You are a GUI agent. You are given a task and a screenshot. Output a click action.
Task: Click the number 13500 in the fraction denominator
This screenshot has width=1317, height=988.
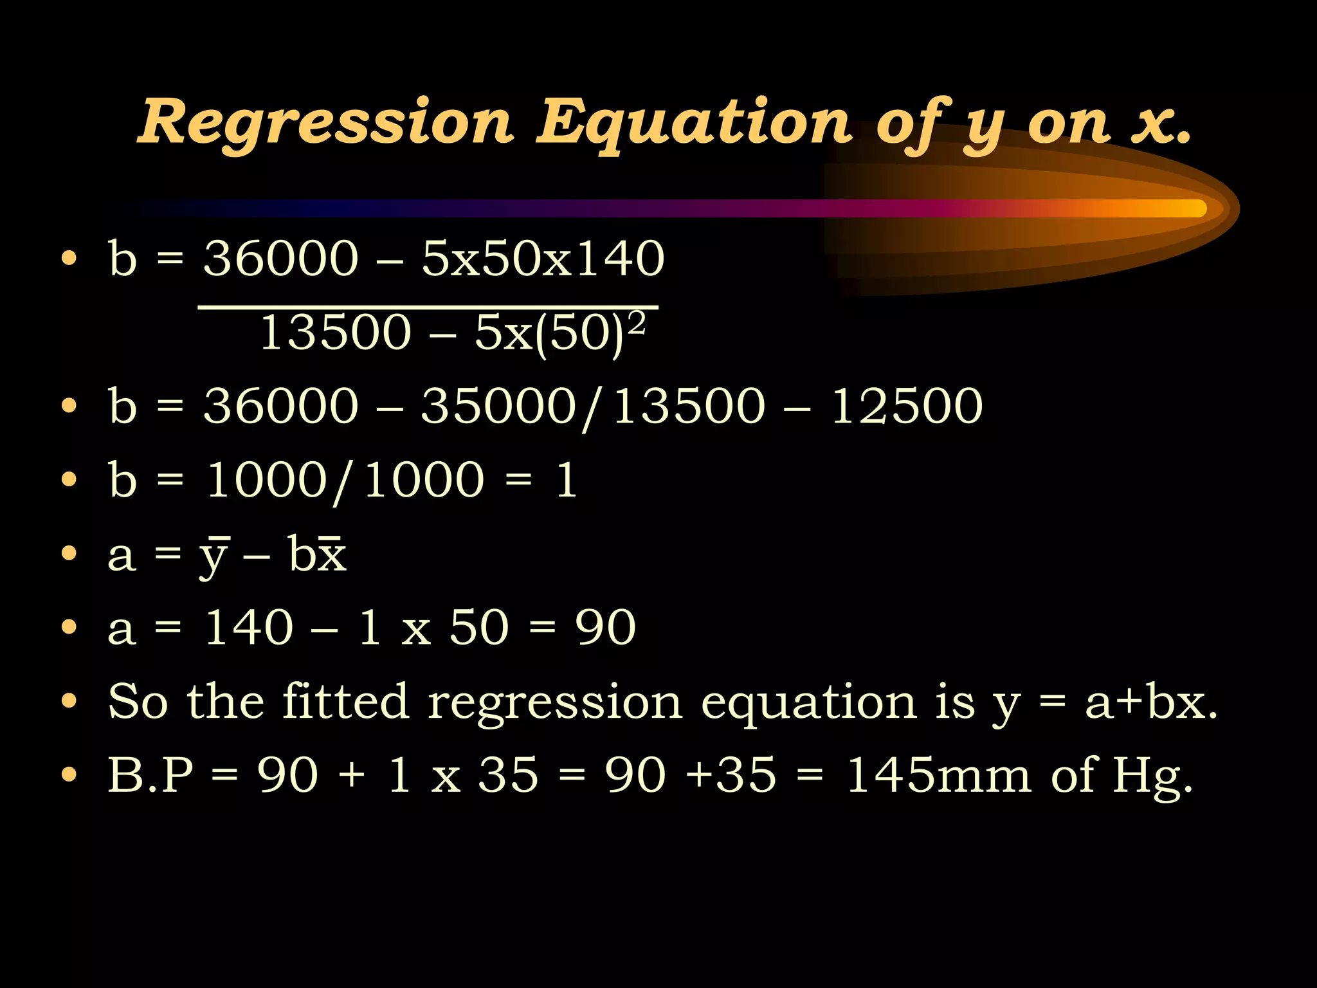click(x=335, y=333)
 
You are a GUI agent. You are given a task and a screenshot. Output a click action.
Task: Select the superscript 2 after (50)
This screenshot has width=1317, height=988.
click(x=636, y=324)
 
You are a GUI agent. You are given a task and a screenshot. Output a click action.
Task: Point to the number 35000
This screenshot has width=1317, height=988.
click(x=498, y=406)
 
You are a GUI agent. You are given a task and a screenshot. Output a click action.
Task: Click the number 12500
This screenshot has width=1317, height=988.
click(x=907, y=406)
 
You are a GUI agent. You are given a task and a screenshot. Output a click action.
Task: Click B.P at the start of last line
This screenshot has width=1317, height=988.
click(x=150, y=774)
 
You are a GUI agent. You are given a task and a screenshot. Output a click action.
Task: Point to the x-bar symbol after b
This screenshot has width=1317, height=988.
click(x=332, y=554)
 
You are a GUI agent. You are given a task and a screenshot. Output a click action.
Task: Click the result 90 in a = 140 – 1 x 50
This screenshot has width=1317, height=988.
click(x=605, y=627)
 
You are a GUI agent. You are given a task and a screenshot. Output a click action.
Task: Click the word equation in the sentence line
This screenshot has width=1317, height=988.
click(x=808, y=702)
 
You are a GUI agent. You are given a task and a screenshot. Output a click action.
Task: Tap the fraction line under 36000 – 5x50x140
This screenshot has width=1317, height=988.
click(x=428, y=307)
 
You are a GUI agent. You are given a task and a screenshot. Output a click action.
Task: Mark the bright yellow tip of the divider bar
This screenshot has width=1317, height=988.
click(x=1190, y=208)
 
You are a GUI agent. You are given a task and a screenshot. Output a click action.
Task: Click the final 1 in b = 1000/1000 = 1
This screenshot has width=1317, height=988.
click(x=566, y=480)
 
